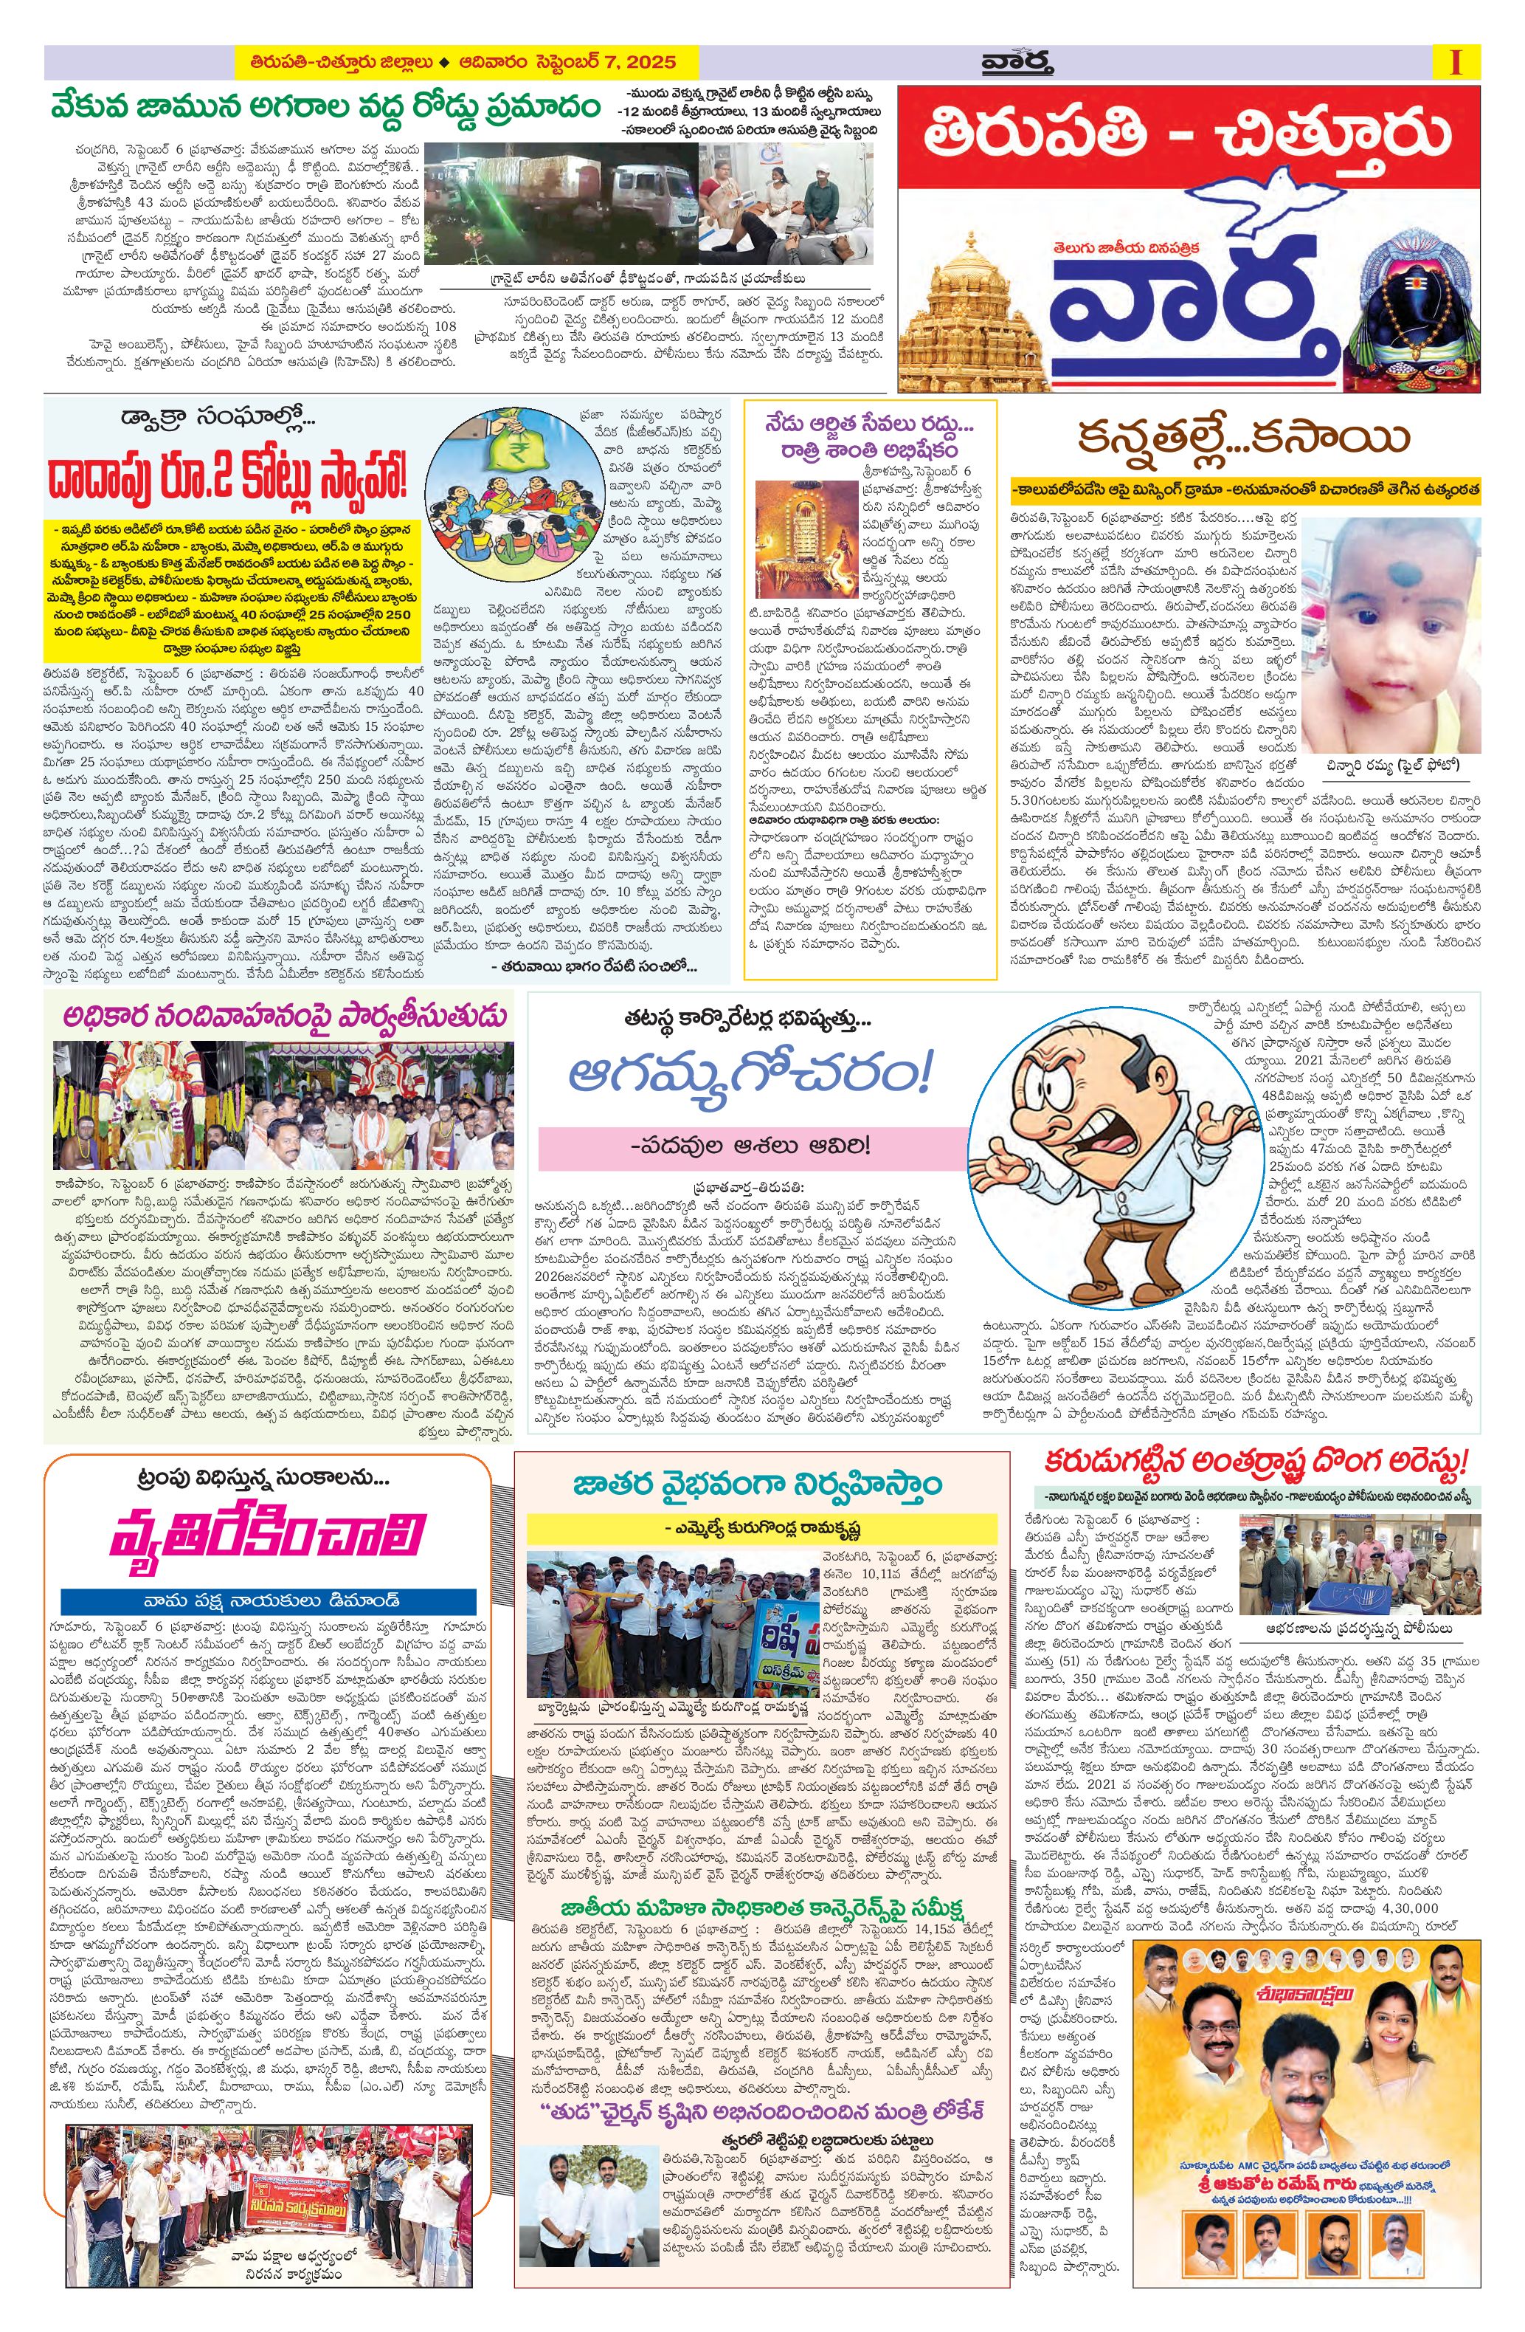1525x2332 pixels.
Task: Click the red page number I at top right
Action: [1456, 63]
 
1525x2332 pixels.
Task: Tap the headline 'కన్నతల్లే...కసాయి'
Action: [1243, 439]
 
